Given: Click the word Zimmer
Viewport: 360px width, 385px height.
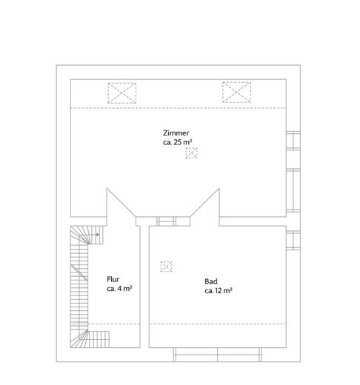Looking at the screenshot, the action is coord(176,133).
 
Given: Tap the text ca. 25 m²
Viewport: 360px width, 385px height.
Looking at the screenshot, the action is coord(178,142).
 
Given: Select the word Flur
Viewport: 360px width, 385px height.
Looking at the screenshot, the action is coord(113,279).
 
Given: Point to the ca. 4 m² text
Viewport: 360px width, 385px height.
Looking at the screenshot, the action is coord(119,289).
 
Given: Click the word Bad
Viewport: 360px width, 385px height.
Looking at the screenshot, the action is coord(211,281).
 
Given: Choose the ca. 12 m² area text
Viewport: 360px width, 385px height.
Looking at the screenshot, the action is coord(219,291).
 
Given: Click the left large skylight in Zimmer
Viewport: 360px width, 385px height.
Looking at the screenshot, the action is coord(122,93).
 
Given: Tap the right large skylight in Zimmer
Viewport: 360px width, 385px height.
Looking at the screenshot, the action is coord(236,92).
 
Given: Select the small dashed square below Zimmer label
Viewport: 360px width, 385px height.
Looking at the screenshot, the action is coord(191,153).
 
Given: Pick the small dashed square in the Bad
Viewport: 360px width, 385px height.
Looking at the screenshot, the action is coord(166,267).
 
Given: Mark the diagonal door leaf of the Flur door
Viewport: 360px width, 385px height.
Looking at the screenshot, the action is coord(121,203).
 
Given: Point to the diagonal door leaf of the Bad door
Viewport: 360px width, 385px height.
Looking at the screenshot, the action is coord(204,203).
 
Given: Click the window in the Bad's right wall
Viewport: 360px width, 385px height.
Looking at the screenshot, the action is coord(293,241).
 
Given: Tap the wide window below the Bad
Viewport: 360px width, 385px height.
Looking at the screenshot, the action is coord(218,355).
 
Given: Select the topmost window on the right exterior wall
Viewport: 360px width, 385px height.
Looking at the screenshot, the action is coord(293,141).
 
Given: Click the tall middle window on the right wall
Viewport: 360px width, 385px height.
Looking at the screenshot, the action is coord(293,190).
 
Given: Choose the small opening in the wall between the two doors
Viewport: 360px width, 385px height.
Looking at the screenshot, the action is coord(166,221).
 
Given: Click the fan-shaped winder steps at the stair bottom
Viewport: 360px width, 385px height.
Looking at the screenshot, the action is coord(79,338).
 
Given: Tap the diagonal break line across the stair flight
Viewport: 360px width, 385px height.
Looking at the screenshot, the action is coord(79,273).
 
